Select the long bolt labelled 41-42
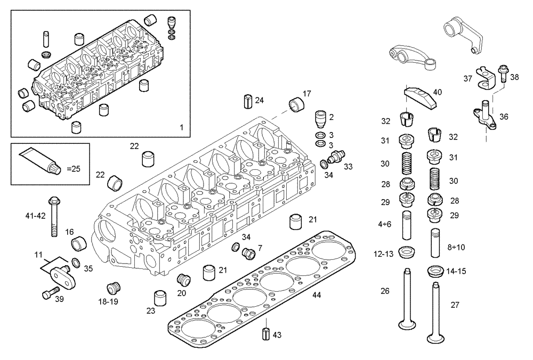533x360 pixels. pyautogui.click(x=53, y=216)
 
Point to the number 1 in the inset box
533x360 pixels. pyautogui.click(x=181, y=127)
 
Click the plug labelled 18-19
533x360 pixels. pyautogui.click(x=112, y=288)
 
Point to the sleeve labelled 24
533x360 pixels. pyautogui.click(x=248, y=100)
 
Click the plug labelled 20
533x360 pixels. pyautogui.click(x=183, y=279)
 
